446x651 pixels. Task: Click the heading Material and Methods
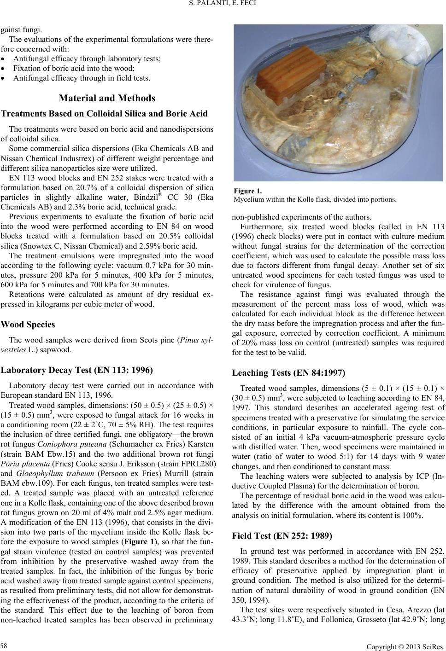[x=107, y=98]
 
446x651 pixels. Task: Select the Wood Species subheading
[x=29, y=324]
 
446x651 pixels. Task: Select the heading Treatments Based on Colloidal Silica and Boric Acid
[x=105, y=114]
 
